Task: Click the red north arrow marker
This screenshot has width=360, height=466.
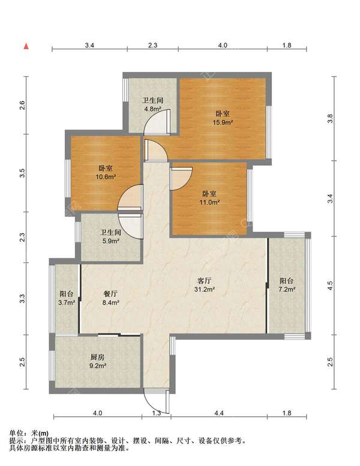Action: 26,46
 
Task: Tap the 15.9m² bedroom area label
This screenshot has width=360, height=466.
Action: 223,118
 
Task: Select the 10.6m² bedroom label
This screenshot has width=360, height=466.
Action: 106,173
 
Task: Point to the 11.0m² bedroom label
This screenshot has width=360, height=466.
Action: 209,199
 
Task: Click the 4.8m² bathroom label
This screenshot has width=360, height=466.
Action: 153,104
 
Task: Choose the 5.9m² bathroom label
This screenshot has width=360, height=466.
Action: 110,236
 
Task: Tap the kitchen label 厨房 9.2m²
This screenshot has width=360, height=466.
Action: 98,362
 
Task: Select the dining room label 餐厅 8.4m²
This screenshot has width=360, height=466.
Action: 110,298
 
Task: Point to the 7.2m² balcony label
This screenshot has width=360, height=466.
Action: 287,285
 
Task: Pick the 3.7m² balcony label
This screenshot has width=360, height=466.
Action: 67,298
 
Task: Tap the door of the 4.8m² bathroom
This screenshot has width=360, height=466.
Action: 157,122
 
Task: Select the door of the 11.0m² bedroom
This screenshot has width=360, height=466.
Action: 181,179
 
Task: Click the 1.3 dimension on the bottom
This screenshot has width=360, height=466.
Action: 157,413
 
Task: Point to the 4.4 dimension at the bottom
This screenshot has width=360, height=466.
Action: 219,413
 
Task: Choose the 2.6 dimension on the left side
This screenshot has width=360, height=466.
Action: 22,105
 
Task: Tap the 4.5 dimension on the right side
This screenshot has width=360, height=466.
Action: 329,285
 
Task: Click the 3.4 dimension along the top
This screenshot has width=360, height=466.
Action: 89,45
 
